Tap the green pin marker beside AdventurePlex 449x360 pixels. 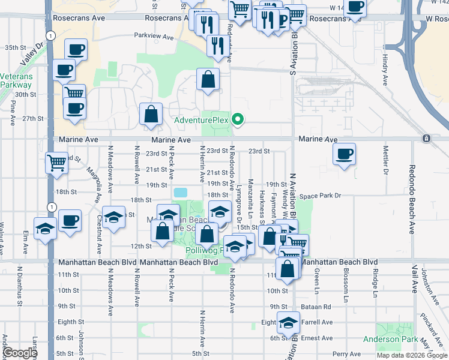click(x=238, y=119)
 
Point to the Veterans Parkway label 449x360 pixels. click(x=16, y=80)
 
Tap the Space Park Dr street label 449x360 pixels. click(x=320, y=196)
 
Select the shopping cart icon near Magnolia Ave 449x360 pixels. click(x=56, y=161)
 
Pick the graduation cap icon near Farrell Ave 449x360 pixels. click(x=288, y=323)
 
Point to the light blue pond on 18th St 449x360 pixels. click(x=179, y=193)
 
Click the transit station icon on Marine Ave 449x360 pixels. click(x=426, y=139)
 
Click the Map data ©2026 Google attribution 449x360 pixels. click(x=412, y=355)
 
